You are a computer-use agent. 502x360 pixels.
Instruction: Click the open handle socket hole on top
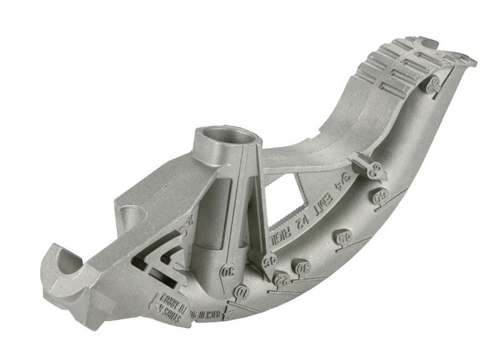click(x=225, y=135)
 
